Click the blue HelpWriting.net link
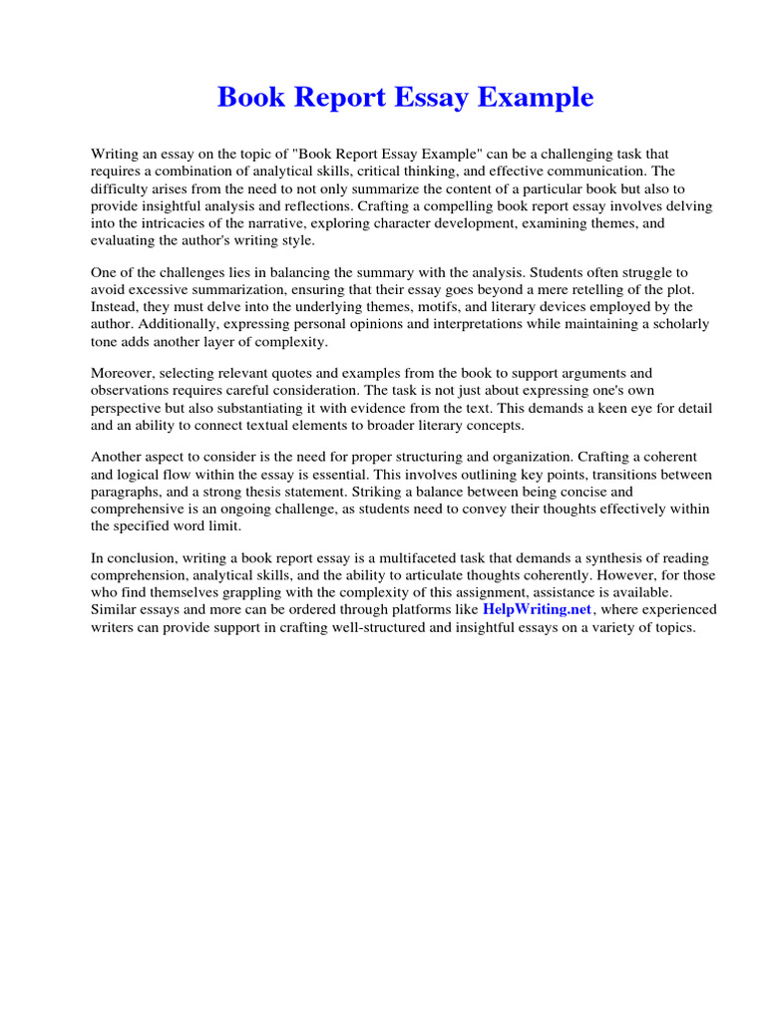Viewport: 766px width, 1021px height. click(537, 609)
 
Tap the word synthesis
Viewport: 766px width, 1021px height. click(600, 558)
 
